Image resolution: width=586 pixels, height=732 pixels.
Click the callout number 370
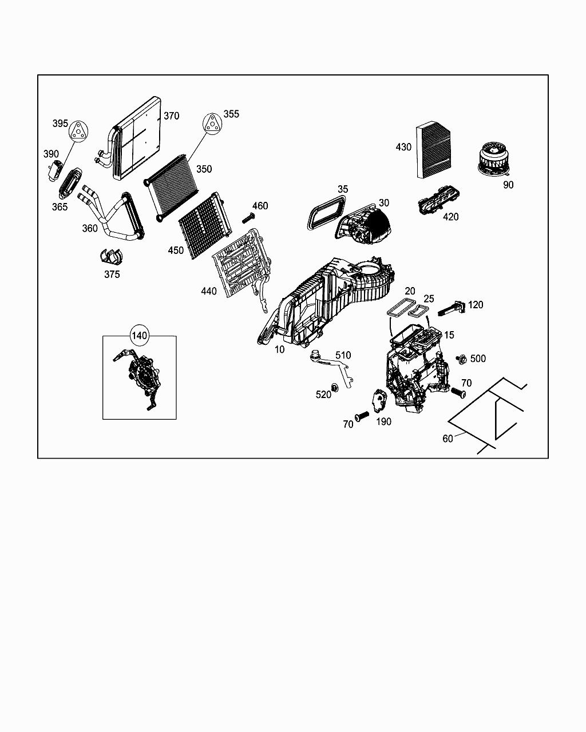(x=171, y=116)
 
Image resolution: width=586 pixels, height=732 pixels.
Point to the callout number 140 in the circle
(x=140, y=336)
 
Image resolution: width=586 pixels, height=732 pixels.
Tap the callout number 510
(x=343, y=355)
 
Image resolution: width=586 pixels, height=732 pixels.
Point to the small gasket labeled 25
(x=419, y=311)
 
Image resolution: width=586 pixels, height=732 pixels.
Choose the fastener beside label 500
(x=461, y=359)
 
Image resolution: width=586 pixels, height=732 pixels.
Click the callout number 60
(x=448, y=439)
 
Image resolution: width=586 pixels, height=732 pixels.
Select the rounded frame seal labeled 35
(x=327, y=212)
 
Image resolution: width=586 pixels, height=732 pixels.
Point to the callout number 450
(x=176, y=250)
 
